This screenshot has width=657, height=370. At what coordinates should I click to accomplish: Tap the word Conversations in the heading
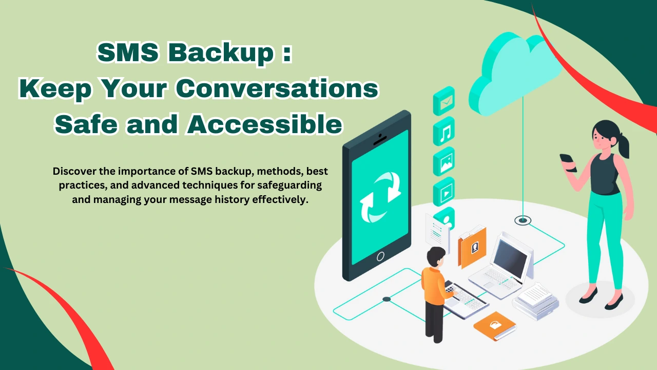277,89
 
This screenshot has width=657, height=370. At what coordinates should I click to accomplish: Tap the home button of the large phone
380,255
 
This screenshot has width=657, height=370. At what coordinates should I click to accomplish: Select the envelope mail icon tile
443,101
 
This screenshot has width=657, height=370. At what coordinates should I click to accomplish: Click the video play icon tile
443,191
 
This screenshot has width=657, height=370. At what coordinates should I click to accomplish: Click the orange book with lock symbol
494,326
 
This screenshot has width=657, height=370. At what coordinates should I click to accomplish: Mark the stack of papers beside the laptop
534,298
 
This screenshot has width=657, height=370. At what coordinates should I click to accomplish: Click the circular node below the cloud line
523,220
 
